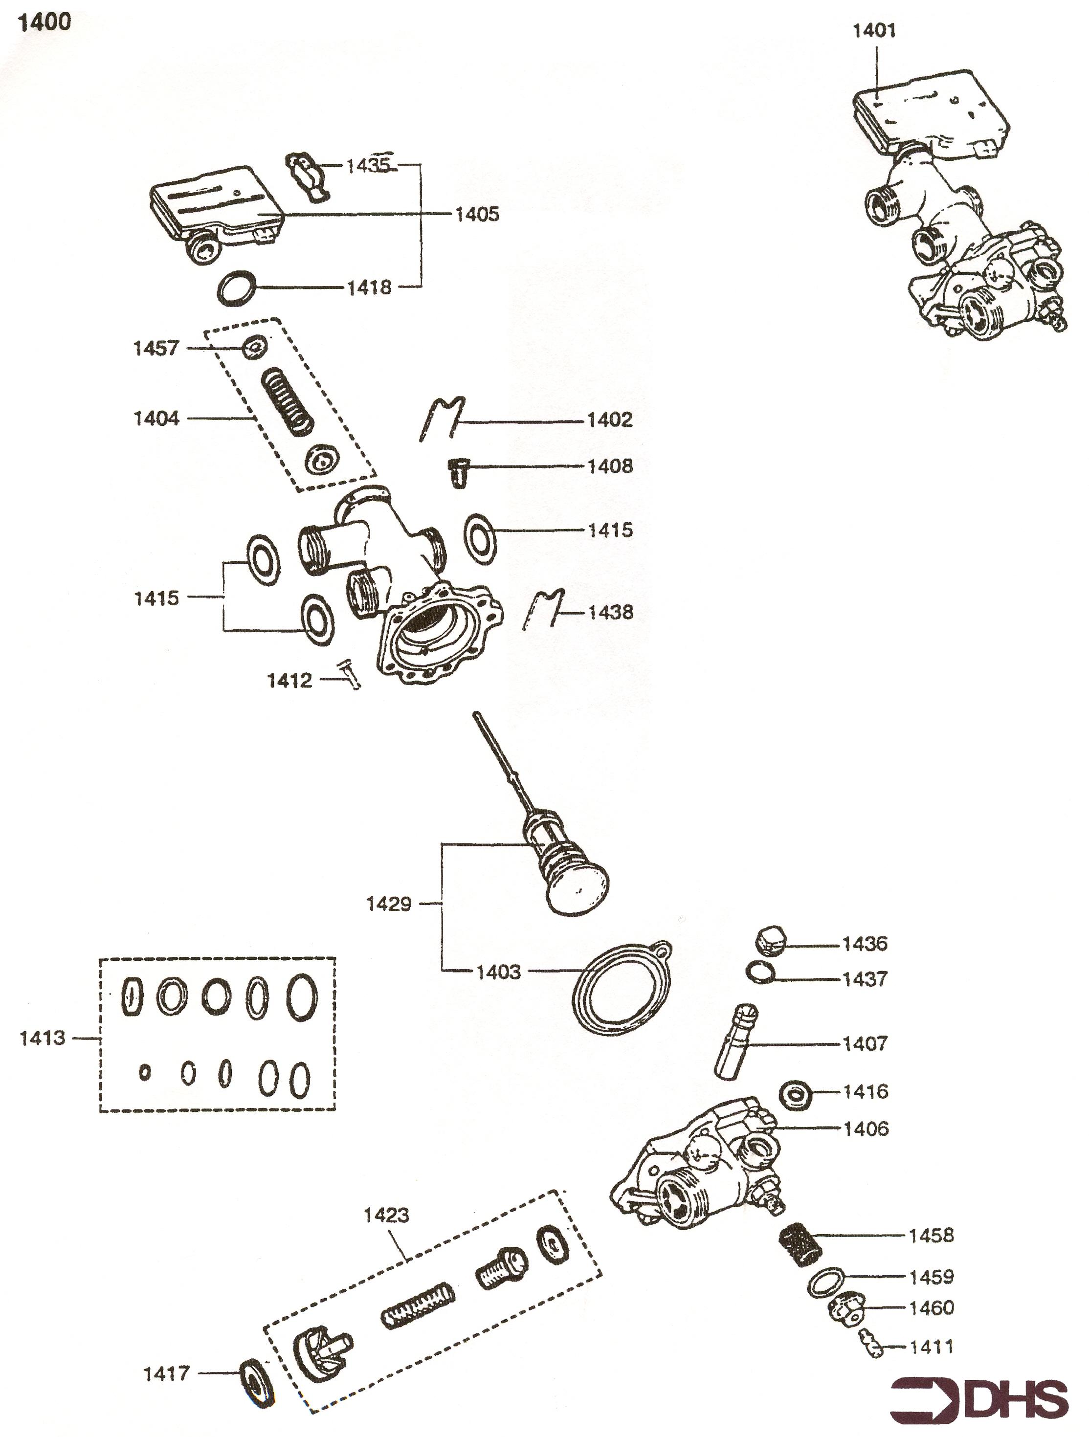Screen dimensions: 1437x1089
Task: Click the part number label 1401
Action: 873,30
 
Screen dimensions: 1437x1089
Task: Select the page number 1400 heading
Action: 44,22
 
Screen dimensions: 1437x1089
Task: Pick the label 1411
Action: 931,1347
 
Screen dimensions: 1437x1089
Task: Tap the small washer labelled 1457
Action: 253,348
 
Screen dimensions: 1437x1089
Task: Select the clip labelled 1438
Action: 545,609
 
